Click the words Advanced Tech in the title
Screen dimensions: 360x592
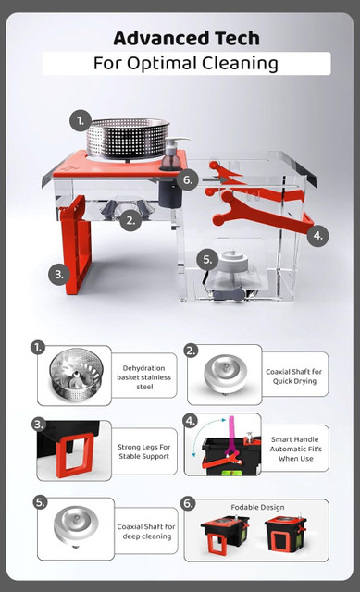click(186, 38)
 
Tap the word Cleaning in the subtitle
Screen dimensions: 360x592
click(240, 64)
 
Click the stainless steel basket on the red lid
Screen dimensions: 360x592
click(128, 138)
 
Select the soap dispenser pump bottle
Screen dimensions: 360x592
click(173, 154)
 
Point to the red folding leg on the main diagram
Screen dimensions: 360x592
click(76, 244)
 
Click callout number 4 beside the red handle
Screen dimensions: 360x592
click(317, 236)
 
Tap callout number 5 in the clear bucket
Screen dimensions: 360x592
click(207, 259)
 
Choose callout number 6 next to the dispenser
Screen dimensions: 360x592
click(187, 179)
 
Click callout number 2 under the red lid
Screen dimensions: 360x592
click(130, 220)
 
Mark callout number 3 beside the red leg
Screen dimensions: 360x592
click(59, 274)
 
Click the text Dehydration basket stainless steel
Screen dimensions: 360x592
click(144, 377)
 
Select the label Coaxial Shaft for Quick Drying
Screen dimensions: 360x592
click(294, 376)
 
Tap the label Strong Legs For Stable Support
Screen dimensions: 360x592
click(144, 451)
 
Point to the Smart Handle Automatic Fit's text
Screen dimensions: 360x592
click(295, 449)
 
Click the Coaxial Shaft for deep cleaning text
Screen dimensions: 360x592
click(146, 531)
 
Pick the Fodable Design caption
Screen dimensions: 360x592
click(257, 507)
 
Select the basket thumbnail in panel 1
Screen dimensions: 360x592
click(76, 375)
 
